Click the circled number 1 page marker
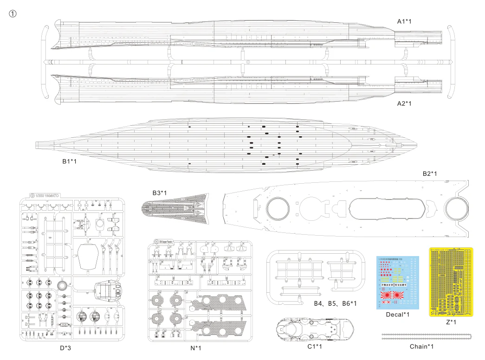[x=13, y=13]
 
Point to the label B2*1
[x=430, y=174]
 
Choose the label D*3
[x=66, y=347]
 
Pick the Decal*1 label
[x=398, y=315]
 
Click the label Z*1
[x=451, y=322]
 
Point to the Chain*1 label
[x=421, y=346]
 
